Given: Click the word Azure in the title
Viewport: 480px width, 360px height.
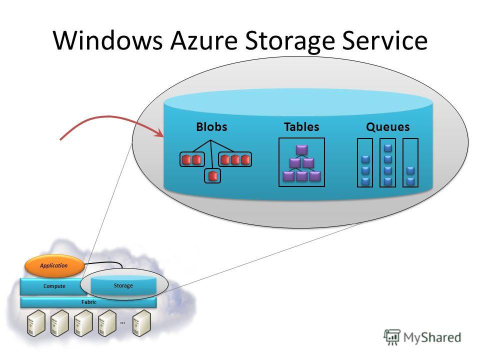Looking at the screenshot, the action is (x=204, y=40).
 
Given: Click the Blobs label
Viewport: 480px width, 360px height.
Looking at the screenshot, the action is (x=211, y=126).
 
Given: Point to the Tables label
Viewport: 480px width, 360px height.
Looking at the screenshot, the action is (x=301, y=126).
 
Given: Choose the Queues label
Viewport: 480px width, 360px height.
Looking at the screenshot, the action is (x=388, y=127).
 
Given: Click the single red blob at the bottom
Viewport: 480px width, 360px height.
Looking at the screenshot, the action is (x=212, y=176).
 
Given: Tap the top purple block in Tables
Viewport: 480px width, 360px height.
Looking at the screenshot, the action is (x=301, y=150).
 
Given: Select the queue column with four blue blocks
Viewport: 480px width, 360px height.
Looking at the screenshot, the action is (x=387, y=162).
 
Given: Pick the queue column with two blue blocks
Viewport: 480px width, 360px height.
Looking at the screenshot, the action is (x=410, y=162).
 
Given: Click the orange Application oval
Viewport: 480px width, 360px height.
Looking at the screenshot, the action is (x=54, y=265).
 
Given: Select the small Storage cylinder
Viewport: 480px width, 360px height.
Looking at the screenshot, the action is (x=123, y=285).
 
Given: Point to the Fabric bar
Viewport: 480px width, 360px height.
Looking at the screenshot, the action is (x=88, y=302).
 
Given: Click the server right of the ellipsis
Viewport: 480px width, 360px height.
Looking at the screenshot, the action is (x=141, y=323).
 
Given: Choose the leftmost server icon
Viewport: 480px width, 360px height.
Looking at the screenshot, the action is (x=36, y=323).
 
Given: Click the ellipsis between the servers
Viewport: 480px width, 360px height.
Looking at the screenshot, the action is (x=122, y=322).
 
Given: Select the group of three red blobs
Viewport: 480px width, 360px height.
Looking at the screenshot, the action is (x=235, y=159).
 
